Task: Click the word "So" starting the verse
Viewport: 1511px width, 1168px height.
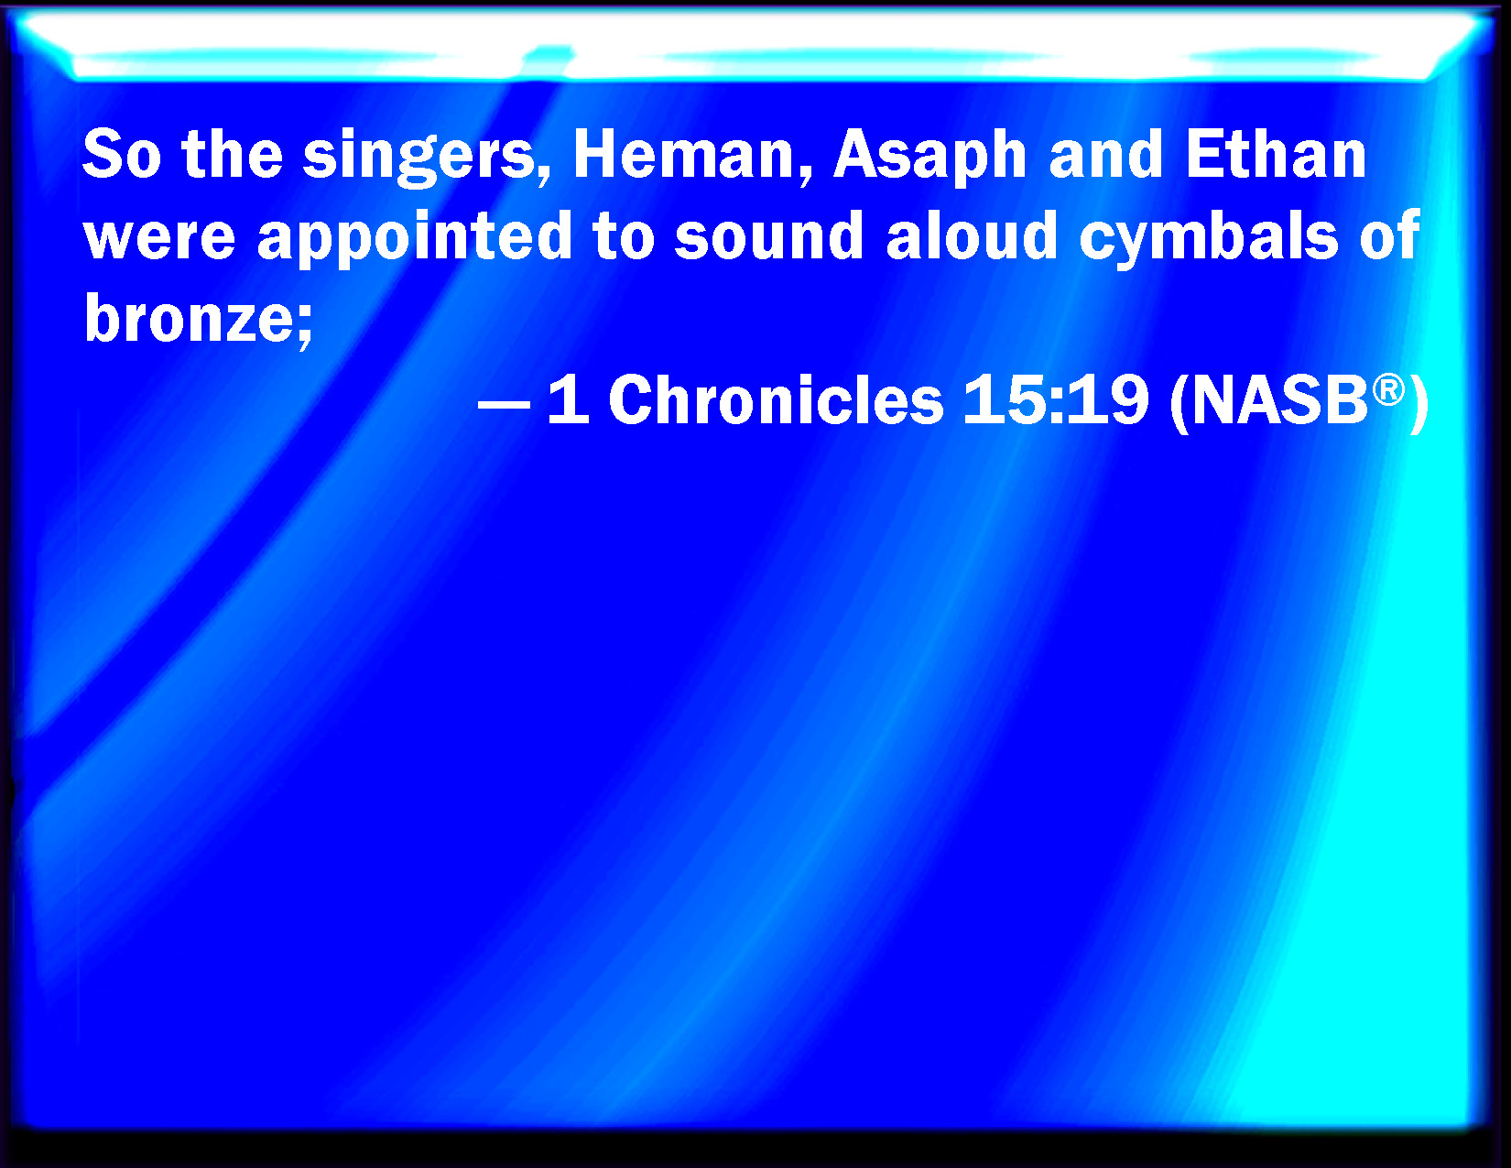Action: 122,154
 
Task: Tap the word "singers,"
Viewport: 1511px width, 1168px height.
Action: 427,158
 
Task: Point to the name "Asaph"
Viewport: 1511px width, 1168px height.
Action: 930,158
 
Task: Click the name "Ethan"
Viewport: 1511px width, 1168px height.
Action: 1276,154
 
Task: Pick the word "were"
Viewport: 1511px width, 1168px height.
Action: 159,237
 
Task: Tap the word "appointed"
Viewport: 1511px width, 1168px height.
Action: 415,238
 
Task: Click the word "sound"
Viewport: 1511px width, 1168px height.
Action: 768,235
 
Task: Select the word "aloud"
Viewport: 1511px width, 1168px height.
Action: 973,235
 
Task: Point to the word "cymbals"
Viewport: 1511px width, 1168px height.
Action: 1209,238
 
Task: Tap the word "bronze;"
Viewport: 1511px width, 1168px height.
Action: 198,318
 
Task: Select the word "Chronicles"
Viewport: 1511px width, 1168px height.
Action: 776,399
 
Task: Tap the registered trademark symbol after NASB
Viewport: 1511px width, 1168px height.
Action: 1388,389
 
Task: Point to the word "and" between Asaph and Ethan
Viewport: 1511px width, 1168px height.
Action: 1106,154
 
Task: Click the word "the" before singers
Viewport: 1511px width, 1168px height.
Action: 233,154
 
